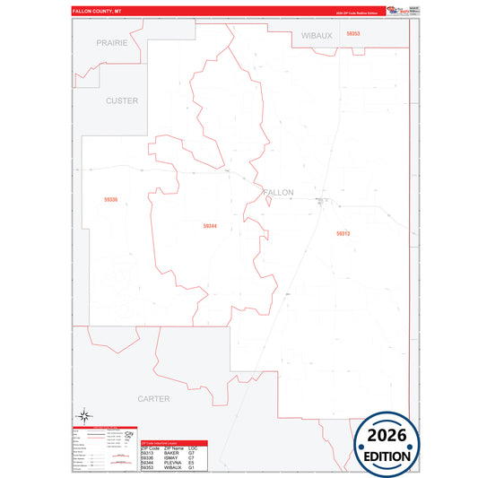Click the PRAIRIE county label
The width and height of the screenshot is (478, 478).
pos(112,42)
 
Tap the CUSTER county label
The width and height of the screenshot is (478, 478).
pos(122,100)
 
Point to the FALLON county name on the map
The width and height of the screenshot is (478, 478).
pos(278,192)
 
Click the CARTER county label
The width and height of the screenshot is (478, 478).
pos(153,397)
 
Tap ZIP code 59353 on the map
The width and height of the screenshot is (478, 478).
pos(352,33)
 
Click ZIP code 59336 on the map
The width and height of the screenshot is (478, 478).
pos(111,199)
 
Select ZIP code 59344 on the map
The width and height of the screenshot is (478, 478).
pos(210,226)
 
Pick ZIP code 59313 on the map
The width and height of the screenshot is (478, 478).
pos(343,233)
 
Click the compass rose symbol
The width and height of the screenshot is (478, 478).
pos(84,414)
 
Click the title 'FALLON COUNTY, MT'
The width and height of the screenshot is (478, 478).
pos(102,11)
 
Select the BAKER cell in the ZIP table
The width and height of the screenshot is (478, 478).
pos(171,453)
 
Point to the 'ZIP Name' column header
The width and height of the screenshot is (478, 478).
pos(174,448)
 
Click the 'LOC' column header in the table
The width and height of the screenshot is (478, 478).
pos(192,448)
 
